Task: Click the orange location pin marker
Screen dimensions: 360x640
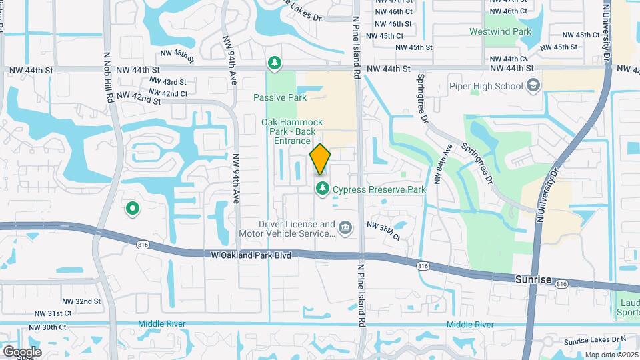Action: coord(320,159)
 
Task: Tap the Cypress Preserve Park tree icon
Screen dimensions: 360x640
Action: coord(323,189)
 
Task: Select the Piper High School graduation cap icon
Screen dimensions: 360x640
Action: coord(533,85)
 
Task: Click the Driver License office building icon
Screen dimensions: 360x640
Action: coord(345,229)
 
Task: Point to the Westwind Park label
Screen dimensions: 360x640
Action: coord(509,31)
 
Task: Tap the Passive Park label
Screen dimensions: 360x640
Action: coord(280,97)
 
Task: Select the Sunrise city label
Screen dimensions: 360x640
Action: coord(533,280)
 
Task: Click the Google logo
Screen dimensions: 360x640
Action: coord(21,351)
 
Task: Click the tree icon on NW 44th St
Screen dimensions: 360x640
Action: coord(273,63)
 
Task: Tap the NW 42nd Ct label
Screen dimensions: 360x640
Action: coord(169,94)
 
